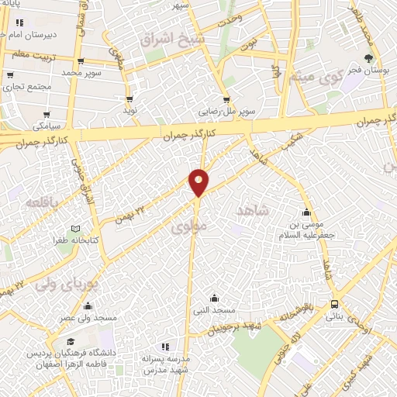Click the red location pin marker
198,181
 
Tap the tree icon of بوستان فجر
368,58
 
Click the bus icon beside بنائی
334,304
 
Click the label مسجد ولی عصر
89,318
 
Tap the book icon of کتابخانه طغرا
75,229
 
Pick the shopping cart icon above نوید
129,99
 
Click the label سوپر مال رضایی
226,112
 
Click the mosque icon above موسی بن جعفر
307,213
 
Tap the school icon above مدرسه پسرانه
164,347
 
